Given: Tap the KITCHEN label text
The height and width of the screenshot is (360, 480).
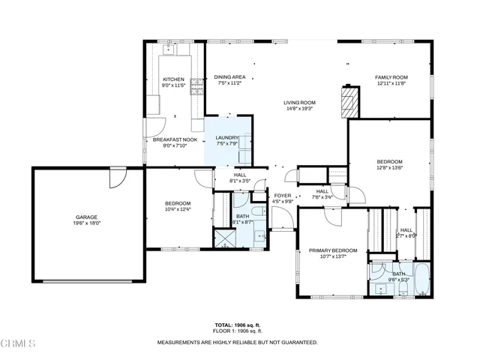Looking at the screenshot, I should (173, 79).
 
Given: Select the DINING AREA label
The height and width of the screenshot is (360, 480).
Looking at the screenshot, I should (229, 77).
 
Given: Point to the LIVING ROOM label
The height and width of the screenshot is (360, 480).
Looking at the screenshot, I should (299, 103).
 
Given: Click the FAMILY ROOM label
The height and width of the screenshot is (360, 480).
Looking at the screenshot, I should (391, 77).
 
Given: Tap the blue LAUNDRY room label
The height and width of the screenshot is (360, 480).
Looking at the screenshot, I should (226, 138).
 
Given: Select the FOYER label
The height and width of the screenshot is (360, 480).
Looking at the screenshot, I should (282, 196).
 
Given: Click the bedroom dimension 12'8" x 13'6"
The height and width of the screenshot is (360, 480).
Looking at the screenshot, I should (389, 168).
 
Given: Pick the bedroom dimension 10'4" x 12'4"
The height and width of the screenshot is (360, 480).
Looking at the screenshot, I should (178, 209).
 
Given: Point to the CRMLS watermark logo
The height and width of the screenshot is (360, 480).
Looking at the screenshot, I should (19, 344).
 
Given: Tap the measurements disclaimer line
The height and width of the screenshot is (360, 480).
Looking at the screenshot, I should (237, 341).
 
